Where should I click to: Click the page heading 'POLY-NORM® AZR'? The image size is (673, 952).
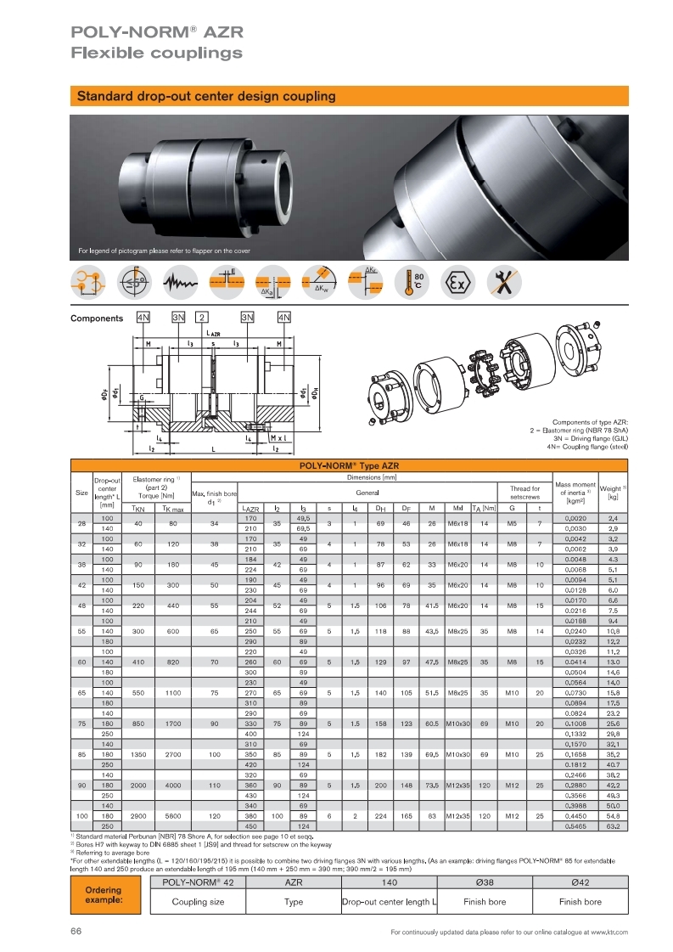[157, 32]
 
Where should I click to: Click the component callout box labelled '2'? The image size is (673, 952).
[202, 318]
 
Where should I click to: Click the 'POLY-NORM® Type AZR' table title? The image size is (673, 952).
[345, 465]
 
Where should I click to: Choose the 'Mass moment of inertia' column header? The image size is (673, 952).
[575, 492]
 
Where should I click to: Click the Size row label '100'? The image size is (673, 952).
[81, 814]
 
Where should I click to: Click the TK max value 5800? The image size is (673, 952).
[172, 814]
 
